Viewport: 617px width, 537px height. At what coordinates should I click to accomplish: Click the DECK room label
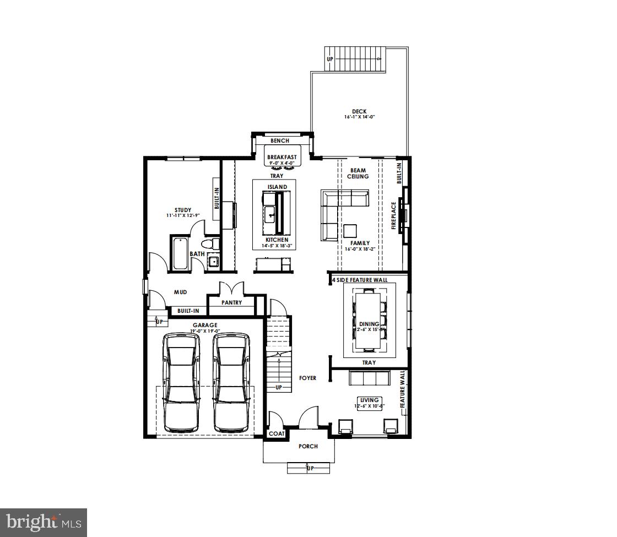click(359, 111)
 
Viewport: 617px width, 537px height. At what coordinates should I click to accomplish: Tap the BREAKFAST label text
click(282, 157)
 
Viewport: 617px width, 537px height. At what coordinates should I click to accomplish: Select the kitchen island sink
click(270, 214)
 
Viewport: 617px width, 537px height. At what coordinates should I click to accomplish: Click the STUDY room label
click(183, 210)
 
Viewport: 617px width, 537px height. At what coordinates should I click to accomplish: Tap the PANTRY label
click(232, 302)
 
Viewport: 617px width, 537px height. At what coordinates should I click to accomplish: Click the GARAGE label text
click(205, 325)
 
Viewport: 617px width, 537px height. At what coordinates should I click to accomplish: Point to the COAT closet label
click(277, 433)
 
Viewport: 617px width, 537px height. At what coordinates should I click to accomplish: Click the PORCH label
click(308, 446)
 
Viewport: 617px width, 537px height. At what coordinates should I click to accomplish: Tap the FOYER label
click(307, 378)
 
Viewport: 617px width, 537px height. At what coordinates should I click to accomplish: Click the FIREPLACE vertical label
click(394, 215)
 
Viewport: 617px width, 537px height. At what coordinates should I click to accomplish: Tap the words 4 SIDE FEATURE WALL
click(359, 280)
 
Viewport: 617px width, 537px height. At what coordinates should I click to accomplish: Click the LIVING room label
click(369, 400)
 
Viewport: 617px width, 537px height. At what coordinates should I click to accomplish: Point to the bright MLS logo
click(44, 522)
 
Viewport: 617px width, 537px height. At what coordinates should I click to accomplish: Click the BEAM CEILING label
click(358, 173)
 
